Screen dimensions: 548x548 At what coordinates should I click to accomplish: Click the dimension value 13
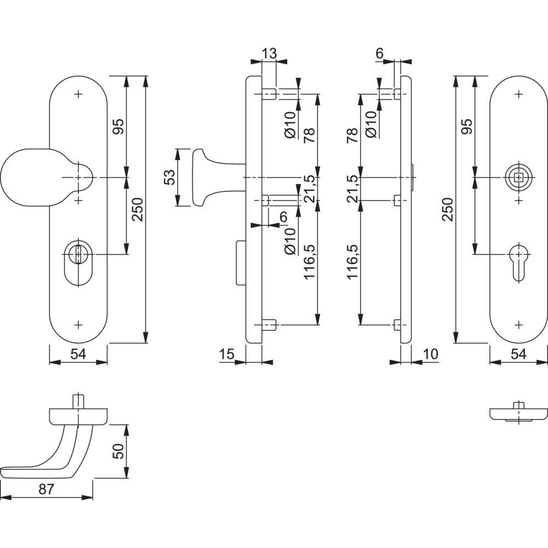click(270, 54)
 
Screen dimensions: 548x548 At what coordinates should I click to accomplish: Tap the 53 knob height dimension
click(169, 178)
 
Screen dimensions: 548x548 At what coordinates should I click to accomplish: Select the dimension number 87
click(46, 489)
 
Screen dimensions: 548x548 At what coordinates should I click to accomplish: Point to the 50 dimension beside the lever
click(118, 451)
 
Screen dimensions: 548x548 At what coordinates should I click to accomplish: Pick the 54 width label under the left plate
click(78, 354)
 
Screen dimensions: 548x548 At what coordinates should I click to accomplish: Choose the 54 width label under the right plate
click(518, 354)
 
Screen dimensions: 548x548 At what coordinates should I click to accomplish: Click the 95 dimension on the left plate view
click(118, 127)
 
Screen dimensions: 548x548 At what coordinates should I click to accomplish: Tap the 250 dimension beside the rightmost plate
click(447, 209)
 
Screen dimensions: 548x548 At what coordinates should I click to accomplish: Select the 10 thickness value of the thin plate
click(431, 354)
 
